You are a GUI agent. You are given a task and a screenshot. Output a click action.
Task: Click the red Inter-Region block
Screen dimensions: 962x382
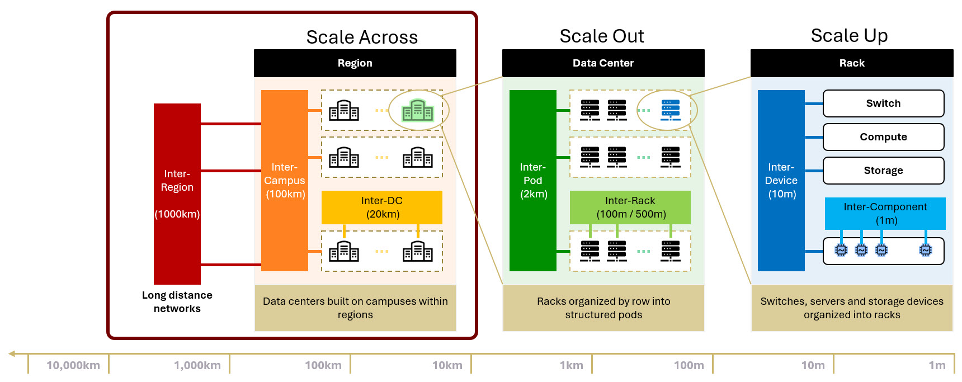177,194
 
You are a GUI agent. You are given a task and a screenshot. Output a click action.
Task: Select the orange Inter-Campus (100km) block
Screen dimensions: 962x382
285,180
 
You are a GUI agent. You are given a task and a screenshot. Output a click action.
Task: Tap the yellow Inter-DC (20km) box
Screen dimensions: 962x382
382,207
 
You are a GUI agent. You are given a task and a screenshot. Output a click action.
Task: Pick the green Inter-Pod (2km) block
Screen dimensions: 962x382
533,180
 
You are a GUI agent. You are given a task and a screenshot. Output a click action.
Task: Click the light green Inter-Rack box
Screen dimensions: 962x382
630,207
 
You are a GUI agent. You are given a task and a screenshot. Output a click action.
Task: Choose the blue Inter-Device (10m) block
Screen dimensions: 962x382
781,180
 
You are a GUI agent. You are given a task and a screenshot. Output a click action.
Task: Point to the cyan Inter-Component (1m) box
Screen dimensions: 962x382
885,213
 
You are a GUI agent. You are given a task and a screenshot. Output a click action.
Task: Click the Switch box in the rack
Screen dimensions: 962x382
884,103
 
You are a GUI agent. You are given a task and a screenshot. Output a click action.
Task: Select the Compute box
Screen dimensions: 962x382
884,137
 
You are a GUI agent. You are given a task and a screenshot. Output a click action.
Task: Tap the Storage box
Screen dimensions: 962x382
884,171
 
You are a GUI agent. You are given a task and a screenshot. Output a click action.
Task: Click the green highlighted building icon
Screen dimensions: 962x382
418,110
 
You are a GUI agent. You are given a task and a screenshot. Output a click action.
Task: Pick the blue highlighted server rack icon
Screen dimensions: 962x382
671,110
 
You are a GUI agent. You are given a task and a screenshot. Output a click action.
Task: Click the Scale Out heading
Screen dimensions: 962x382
602,36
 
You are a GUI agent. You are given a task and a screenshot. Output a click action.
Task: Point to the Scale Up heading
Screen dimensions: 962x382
849,36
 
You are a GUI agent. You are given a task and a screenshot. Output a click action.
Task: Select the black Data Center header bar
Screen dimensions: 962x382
603,63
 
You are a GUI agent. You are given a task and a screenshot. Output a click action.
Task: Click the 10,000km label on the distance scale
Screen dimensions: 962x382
73,365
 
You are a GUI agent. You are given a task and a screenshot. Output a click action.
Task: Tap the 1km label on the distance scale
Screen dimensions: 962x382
572,365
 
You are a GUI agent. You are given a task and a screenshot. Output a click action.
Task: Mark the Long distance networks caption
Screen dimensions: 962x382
177,302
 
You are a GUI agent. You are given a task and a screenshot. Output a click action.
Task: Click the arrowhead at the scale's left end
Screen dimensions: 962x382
12,353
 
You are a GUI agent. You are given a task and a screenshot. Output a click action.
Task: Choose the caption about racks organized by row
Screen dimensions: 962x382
603,308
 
